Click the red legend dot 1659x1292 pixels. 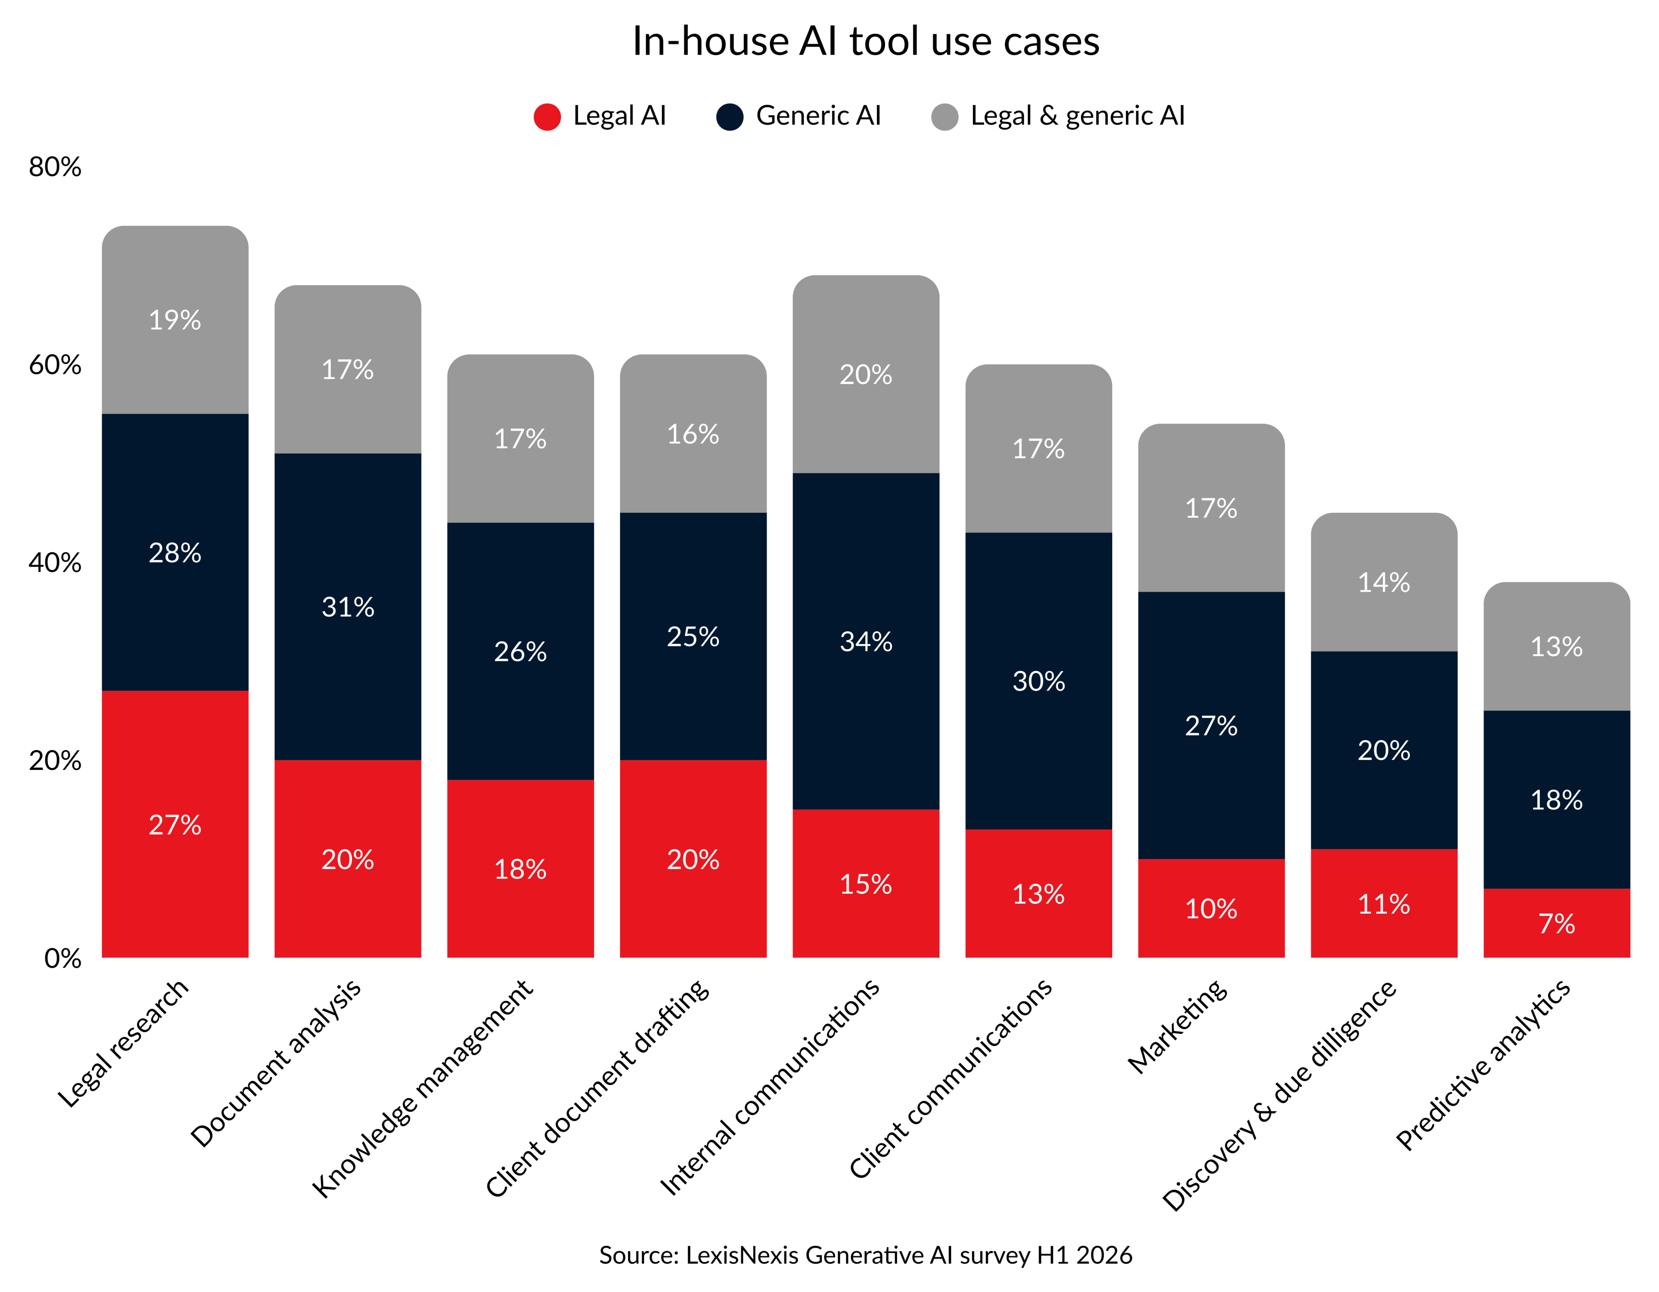[x=547, y=117]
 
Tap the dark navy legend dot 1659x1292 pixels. [x=729, y=117]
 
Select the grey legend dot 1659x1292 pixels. [x=944, y=117]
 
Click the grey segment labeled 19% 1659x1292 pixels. [x=175, y=320]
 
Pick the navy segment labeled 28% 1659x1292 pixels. [x=175, y=552]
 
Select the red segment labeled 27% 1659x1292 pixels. [x=175, y=824]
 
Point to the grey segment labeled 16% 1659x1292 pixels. [x=693, y=434]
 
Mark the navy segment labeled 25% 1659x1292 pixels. [x=693, y=636]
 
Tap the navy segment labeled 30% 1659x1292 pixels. [x=1038, y=680]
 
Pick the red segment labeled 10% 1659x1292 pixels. [x=1211, y=908]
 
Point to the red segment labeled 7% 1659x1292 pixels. [x=1557, y=923]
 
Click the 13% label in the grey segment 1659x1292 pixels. [x=1557, y=646]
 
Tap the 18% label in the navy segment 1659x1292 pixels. [x=1557, y=799]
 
